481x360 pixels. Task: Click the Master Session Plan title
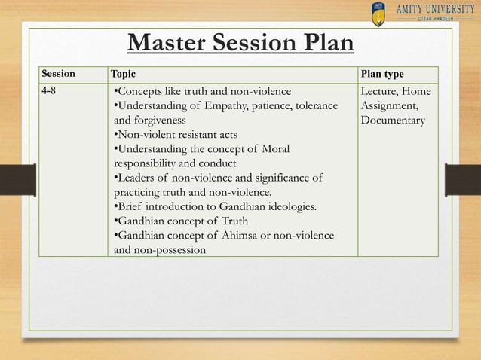click(240, 43)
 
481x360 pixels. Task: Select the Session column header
click(58, 75)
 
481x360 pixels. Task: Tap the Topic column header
click(126, 75)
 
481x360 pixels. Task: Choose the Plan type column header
click(382, 75)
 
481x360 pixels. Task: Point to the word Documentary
click(393, 121)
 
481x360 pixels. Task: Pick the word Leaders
click(139, 178)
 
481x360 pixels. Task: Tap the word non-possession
click(172, 249)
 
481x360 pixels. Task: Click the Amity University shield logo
click(378, 13)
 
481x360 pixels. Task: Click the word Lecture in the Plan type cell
click(382, 92)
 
